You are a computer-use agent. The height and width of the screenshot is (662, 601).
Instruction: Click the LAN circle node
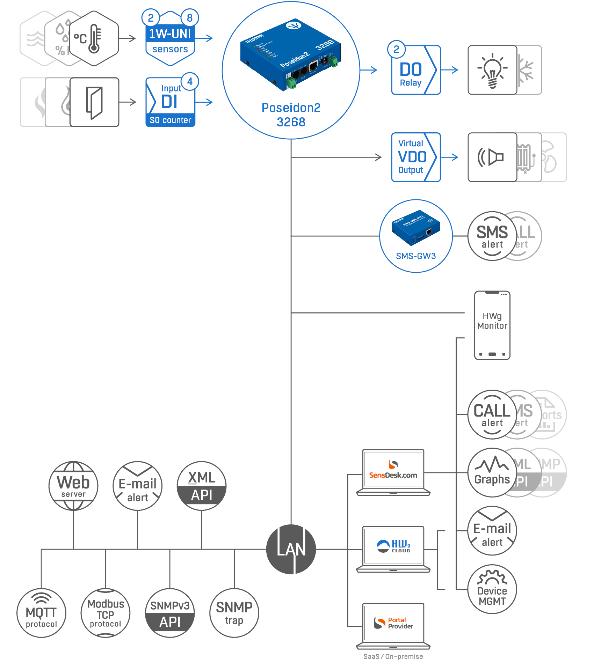click(x=291, y=549)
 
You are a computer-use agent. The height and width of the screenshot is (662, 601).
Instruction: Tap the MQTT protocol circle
click(x=41, y=613)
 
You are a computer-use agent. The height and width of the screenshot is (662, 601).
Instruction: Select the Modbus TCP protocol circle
click(x=105, y=613)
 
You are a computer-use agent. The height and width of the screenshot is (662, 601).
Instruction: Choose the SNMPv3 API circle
click(x=170, y=613)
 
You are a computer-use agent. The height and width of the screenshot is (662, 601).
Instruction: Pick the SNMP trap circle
click(x=234, y=613)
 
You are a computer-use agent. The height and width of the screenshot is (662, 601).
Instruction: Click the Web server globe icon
click(x=73, y=485)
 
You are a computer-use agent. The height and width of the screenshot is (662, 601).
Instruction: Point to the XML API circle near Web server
click(x=202, y=485)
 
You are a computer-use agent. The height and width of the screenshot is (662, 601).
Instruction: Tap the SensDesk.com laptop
click(x=393, y=471)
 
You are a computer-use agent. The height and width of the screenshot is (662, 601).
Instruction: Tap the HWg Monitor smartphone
click(x=492, y=325)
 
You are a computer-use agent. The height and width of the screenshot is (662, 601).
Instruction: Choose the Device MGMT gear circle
click(x=492, y=589)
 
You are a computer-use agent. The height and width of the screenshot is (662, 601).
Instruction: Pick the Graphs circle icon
click(x=492, y=472)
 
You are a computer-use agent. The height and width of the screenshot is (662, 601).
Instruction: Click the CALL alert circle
click(x=492, y=414)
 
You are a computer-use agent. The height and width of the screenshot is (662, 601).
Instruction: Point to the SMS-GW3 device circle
click(x=416, y=236)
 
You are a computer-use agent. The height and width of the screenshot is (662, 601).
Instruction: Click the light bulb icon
click(x=492, y=70)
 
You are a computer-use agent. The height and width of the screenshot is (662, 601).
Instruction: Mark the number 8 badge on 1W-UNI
click(x=190, y=18)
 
